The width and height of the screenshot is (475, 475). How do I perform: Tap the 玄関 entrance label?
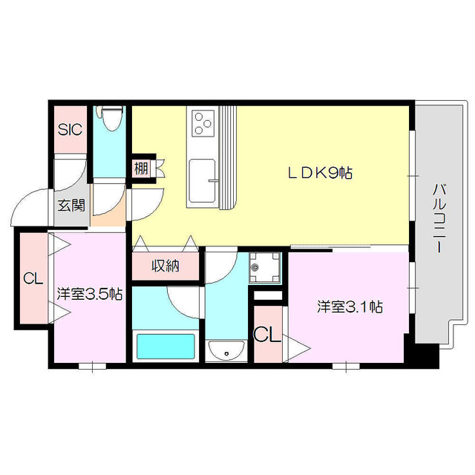[71, 206]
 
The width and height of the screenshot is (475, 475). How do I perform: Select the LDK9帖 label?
[320, 173]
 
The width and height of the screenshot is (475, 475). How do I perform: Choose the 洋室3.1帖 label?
[350, 306]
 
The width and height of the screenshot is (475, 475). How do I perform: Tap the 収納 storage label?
[166, 266]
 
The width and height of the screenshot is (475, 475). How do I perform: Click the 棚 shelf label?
[141, 168]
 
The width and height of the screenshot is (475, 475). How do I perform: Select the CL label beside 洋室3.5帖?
[31, 279]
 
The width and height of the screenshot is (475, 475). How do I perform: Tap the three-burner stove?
[203, 122]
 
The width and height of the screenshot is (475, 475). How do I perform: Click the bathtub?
[166, 346]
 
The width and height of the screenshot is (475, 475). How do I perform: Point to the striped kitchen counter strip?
[227, 156]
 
